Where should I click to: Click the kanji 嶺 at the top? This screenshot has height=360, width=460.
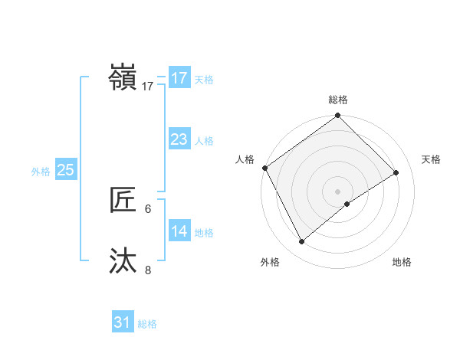point(124,78)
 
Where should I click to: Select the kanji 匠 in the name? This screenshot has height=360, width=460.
point(124,200)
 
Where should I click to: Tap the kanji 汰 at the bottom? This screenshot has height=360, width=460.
point(124,260)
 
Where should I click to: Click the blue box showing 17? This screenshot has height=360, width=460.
point(179,78)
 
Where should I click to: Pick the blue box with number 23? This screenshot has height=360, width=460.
point(179,139)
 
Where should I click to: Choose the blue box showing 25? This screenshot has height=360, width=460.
point(65,170)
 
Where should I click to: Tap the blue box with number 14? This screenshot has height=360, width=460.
point(179,231)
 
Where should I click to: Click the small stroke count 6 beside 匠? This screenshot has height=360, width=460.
point(148,208)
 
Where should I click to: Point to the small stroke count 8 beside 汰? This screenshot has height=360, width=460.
point(148,270)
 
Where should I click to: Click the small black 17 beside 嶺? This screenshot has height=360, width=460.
point(148,87)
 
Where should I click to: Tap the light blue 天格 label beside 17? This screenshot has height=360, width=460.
point(204,80)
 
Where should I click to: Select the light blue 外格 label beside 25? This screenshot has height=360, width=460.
point(41,172)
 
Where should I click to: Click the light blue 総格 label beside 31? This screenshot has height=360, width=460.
point(147,324)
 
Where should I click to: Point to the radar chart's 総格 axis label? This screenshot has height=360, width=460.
point(338,100)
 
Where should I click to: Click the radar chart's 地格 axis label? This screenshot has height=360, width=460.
point(402,263)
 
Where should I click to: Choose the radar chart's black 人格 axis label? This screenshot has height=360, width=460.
point(245,159)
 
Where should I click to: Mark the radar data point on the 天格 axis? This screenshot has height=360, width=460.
point(396,172)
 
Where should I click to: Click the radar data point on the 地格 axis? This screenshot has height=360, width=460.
point(347,204)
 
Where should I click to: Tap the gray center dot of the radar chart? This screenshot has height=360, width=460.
point(338,191)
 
